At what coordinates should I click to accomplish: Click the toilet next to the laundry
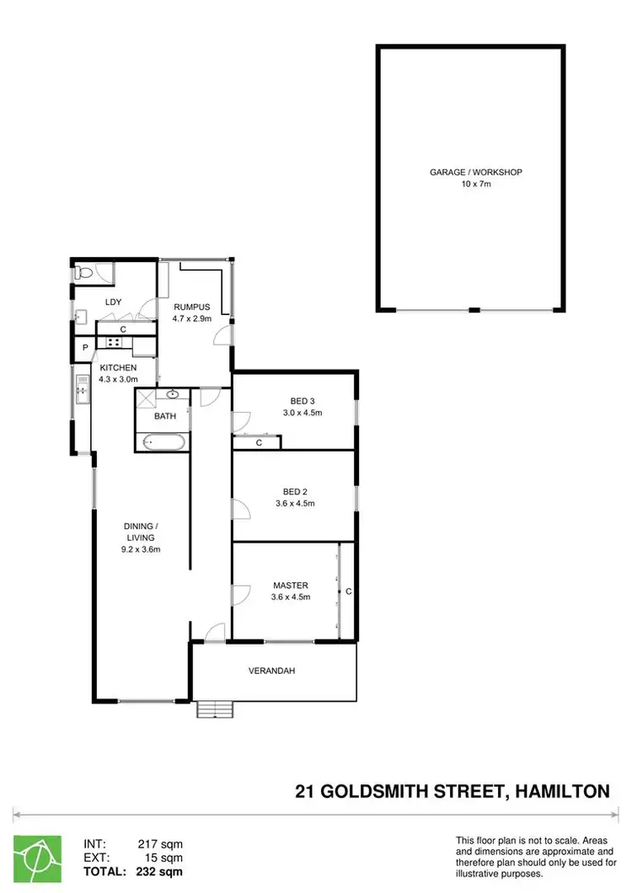(83, 272)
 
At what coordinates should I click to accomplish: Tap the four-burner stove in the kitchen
(113, 342)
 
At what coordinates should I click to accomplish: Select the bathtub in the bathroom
(160, 441)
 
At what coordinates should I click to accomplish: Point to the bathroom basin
(173, 393)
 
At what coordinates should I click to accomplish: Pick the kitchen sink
(81, 388)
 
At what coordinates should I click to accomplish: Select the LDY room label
(114, 302)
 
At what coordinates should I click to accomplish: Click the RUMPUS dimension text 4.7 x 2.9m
(191, 319)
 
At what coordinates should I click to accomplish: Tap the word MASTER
(290, 585)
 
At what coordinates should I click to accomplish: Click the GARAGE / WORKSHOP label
(476, 172)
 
